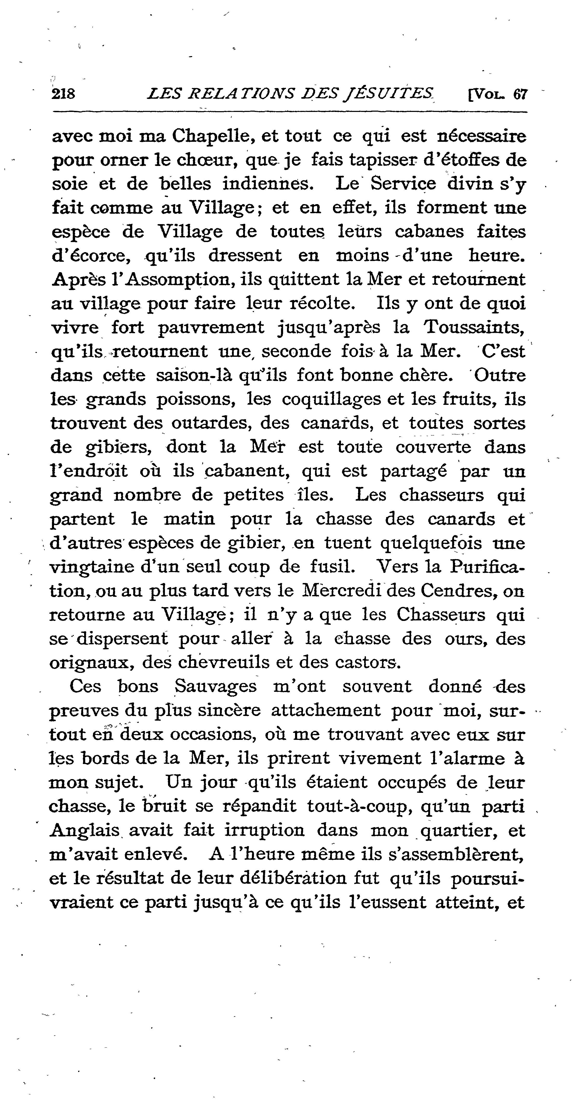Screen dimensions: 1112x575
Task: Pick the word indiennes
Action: click(x=268, y=184)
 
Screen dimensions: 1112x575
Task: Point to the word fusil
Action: click(x=334, y=567)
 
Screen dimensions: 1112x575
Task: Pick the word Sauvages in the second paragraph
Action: click(x=216, y=686)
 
